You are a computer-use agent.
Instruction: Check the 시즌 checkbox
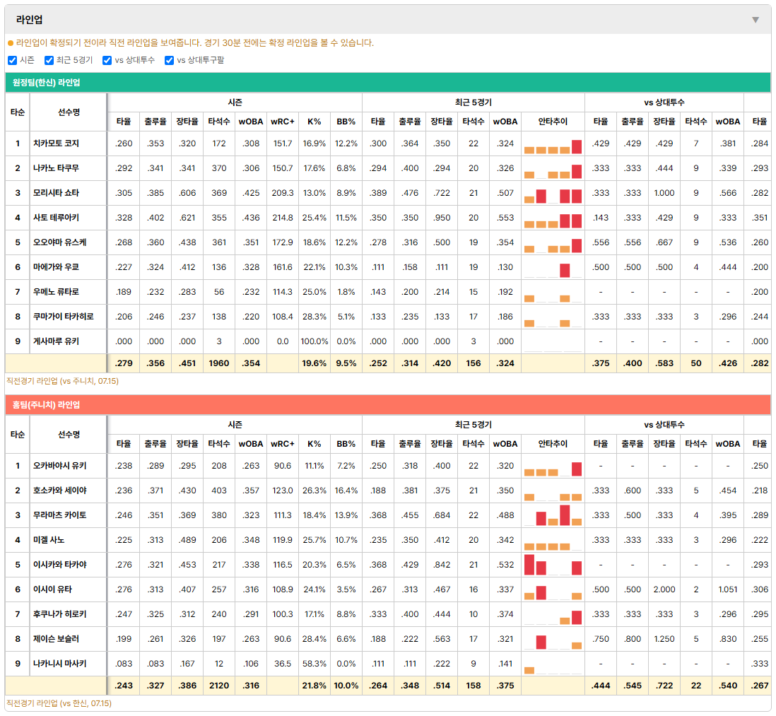click(x=13, y=60)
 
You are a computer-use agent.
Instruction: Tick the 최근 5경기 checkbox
click(x=49, y=60)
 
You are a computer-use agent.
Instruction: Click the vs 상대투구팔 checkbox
click(x=169, y=60)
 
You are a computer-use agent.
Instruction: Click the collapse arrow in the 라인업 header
click(x=756, y=20)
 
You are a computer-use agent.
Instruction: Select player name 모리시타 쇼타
click(x=56, y=192)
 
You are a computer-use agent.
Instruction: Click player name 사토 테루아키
click(x=56, y=217)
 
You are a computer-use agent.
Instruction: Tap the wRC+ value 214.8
click(x=283, y=218)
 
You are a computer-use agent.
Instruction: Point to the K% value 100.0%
click(x=314, y=341)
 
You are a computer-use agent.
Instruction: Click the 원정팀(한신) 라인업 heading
click(x=46, y=83)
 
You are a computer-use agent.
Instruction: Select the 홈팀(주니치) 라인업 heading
click(x=46, y=405)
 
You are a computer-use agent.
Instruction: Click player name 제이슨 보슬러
click(x=56, y=639)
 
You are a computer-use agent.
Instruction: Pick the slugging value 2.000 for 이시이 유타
click(x=664, y=589)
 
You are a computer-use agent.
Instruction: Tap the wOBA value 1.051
click(x=727, y=589)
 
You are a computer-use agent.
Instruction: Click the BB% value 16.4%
click(x=346, y=491)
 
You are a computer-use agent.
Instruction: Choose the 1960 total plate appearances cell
click(x=219, y=363)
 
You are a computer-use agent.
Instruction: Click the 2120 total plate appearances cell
click(x=219, y=686)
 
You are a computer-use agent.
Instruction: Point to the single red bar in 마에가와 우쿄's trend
click(x=565, y=270)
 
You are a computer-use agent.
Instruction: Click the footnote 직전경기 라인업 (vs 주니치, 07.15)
click(x=62, y=381)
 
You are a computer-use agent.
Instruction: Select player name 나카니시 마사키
click(x=60, y=664)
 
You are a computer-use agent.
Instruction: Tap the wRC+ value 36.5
click(x=283, y=664)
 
